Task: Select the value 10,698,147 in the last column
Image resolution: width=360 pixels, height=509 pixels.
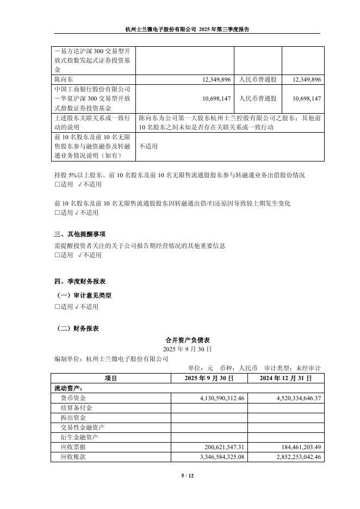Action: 307,98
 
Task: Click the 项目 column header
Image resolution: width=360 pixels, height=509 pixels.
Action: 110,378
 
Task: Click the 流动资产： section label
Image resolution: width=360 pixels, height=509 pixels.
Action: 68,388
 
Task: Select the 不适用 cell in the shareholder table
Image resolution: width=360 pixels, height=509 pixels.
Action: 148,146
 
